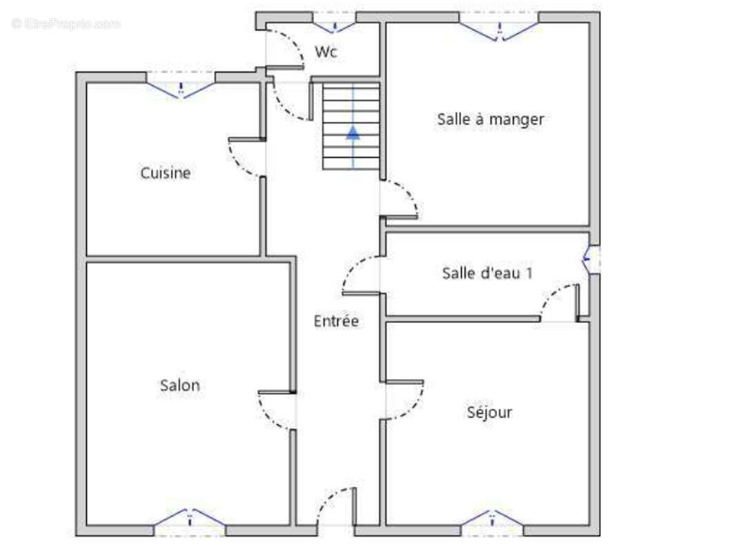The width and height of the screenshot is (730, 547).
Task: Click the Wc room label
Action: [326, 52]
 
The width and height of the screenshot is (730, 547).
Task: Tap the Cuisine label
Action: [166, 173]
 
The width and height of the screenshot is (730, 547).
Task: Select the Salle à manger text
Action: [491, 119]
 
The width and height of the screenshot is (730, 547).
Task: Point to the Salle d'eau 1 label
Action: [487, 273]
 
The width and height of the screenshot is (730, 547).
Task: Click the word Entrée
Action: [336, 321]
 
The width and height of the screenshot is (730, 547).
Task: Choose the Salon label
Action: [180, 385]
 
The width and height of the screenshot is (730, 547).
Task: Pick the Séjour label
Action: [489, 412]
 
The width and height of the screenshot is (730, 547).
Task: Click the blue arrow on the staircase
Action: [353, 132]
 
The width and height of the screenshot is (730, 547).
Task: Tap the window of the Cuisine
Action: [181, 87]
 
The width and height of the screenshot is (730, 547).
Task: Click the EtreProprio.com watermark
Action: [66, 23]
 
